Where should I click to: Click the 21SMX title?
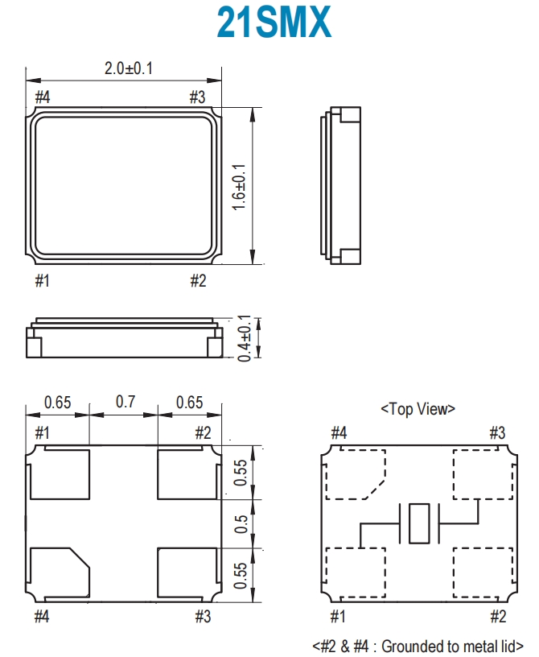274,23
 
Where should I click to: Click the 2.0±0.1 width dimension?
129,68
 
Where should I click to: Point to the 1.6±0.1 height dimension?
239,187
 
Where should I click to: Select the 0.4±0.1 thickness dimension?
245,338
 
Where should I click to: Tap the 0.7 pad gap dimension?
125,402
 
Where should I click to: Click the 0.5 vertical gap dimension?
241,524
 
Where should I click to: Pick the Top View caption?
418,409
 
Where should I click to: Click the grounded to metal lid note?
418,646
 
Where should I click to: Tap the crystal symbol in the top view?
419,524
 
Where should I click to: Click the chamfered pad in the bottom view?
60,572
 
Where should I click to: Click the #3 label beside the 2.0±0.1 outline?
197,97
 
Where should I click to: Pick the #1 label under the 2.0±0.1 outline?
43,280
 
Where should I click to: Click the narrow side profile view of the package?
340,186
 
